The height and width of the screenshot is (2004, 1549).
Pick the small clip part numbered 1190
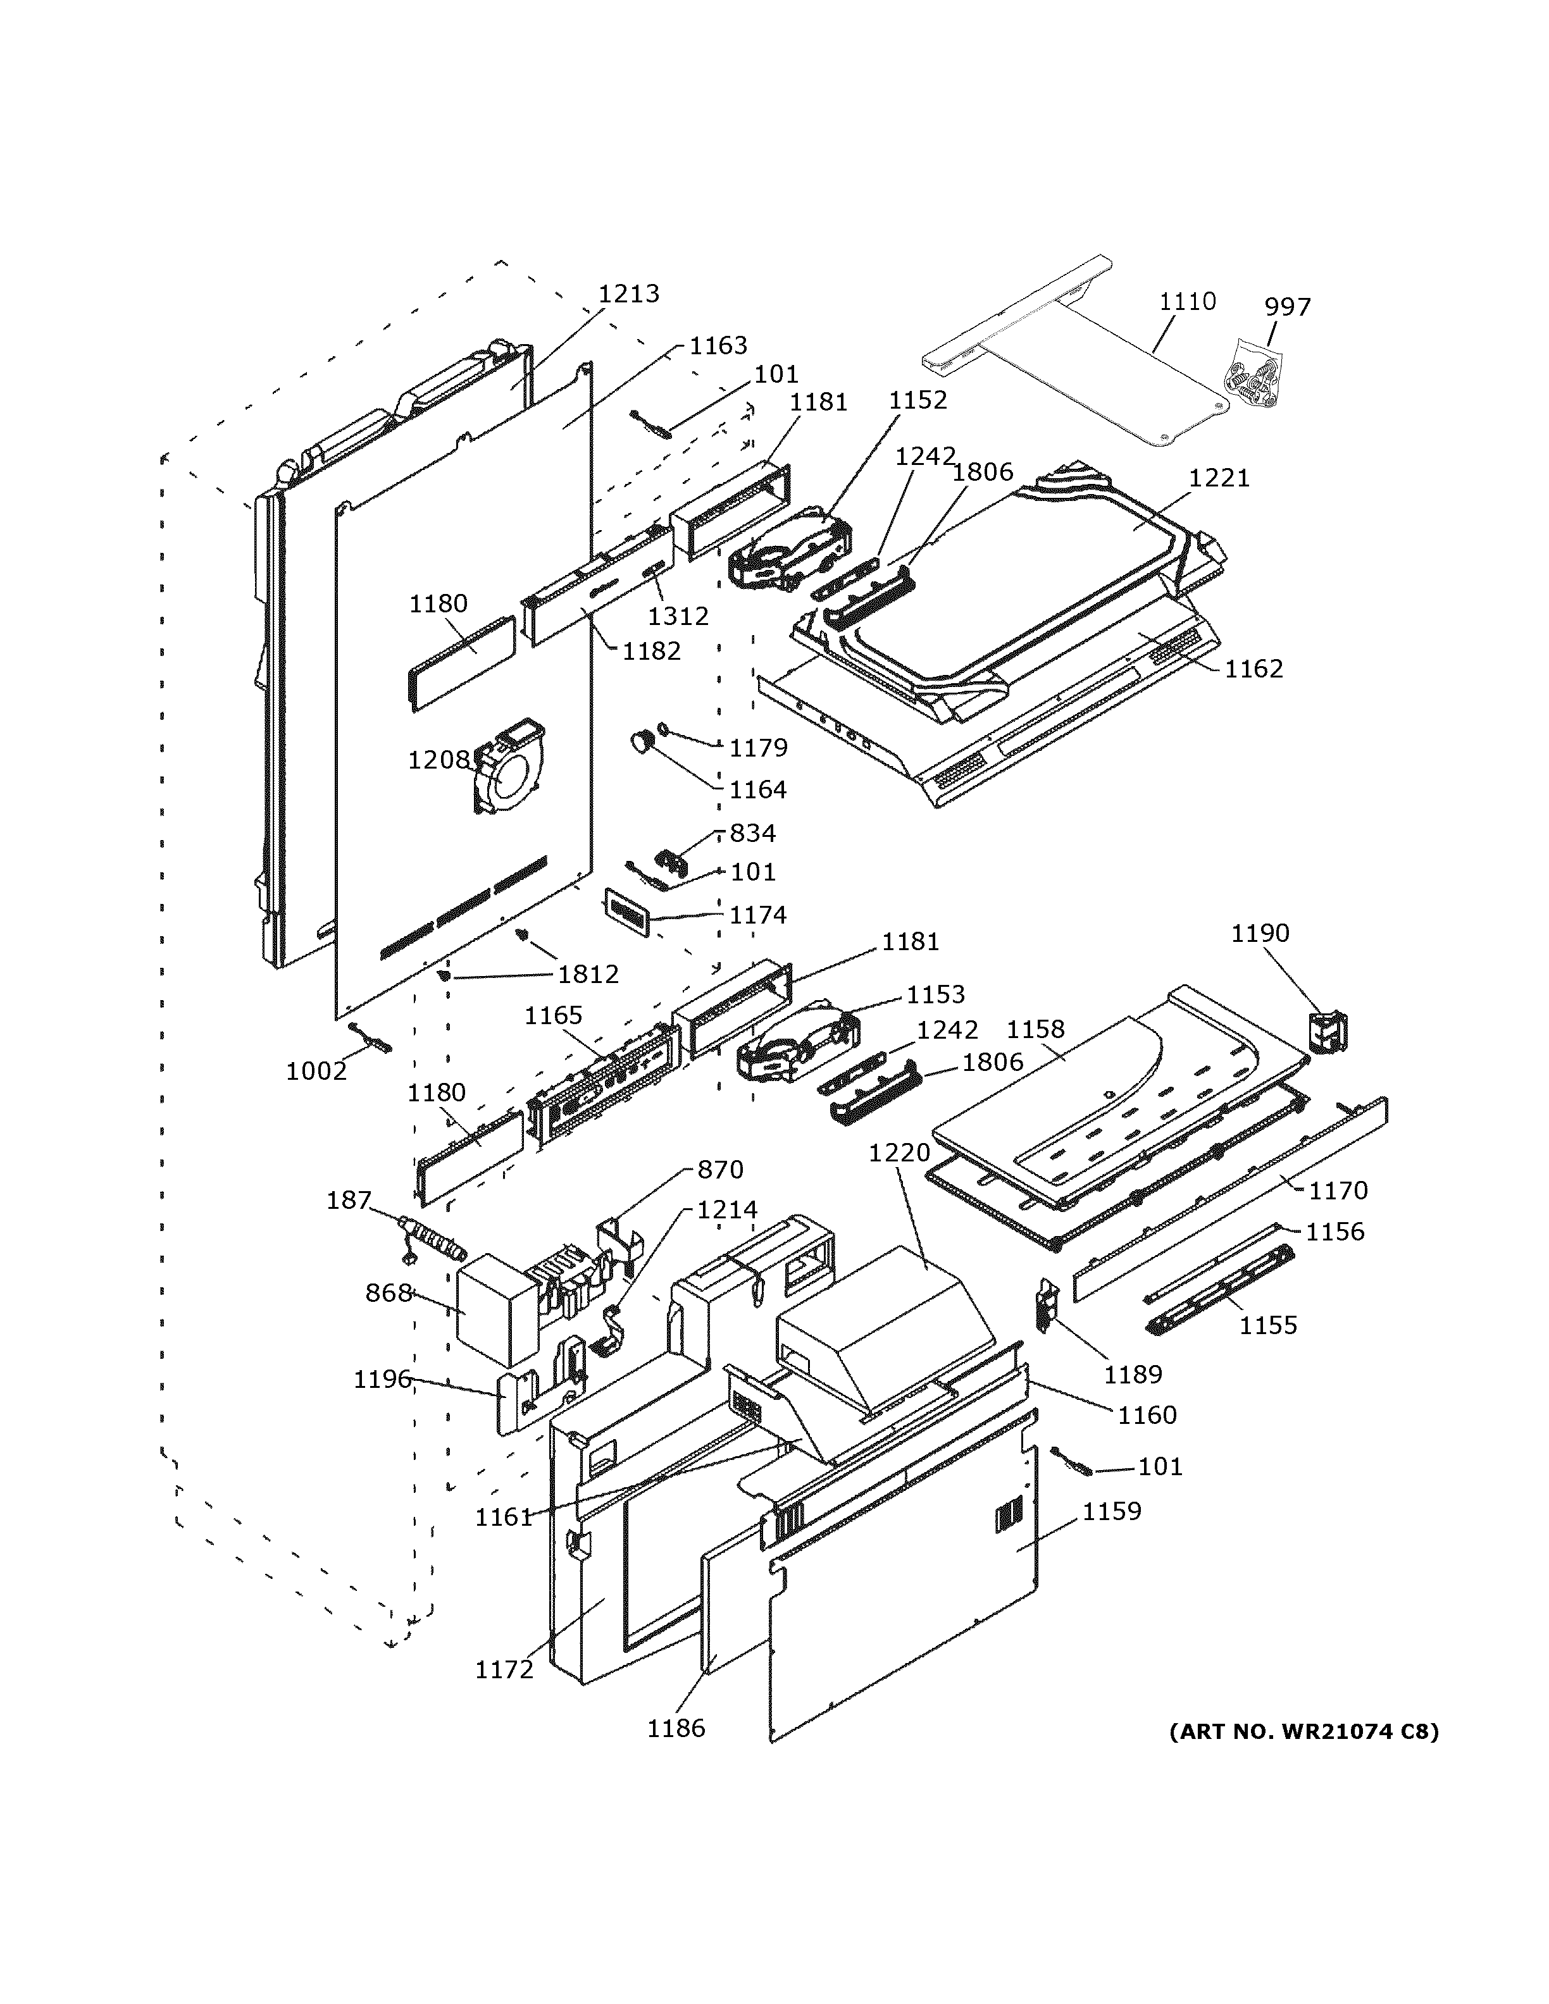pyautogui.click(x=1326, y=1032)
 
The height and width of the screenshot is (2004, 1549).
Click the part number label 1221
pyautogui.click(x=1219, y=478)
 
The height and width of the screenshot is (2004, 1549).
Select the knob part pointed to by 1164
pyautogui.click(x=640, y=741)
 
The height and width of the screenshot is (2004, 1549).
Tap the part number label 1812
pyautogui.click(x=588, y=974)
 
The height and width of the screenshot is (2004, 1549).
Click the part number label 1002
pyautogui.click(x=316, y=1071)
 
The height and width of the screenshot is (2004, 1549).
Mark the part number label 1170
pyautogui.click(x=1337, y=1191)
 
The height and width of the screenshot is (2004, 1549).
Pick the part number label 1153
pyautogui.click(x=935, y=994)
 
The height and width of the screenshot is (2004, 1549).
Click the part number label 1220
pyautogui.click(x=899, y=1153)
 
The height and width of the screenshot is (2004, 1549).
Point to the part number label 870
pyautogui.click(x=719, y=1170)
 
